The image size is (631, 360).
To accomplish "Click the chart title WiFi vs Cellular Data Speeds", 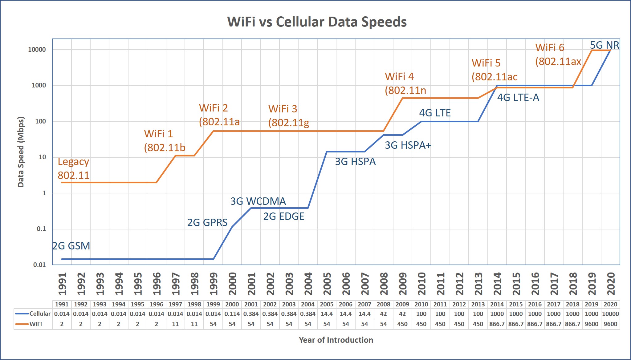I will (x=317, y=22).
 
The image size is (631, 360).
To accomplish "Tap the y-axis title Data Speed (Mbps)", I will (x=21, y=152).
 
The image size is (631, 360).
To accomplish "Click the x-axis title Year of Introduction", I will (x=336, y=340).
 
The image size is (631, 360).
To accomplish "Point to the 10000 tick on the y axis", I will (x=37, y=50).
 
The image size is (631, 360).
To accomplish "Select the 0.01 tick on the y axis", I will (x=39, y=265).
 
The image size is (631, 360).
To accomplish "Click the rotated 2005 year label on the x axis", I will (x=327, y=284).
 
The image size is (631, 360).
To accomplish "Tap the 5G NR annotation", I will (x=604, y=45).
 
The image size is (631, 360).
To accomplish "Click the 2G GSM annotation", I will (x=71, y=246).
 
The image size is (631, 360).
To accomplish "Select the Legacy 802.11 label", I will (x=73, y=168).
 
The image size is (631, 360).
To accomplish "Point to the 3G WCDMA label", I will (x=258, y=201).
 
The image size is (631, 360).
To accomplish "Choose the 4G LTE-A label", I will (x=518, y=97).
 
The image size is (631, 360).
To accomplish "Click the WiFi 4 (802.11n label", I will (x=405, y=83).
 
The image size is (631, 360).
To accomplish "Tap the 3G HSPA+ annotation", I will (x=408, y=145).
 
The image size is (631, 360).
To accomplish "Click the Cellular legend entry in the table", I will (x=33, y=314).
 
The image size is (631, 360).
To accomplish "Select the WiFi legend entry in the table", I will (x=33, y=324).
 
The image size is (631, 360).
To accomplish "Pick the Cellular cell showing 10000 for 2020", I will (x=610, y=314).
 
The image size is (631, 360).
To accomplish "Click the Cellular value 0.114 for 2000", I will (x=232, y=314).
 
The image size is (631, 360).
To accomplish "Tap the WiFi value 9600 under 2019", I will (x=591, y=324).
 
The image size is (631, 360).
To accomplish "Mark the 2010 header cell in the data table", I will (x=421, y=304).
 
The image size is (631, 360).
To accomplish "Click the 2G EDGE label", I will (x=283, y=216).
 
